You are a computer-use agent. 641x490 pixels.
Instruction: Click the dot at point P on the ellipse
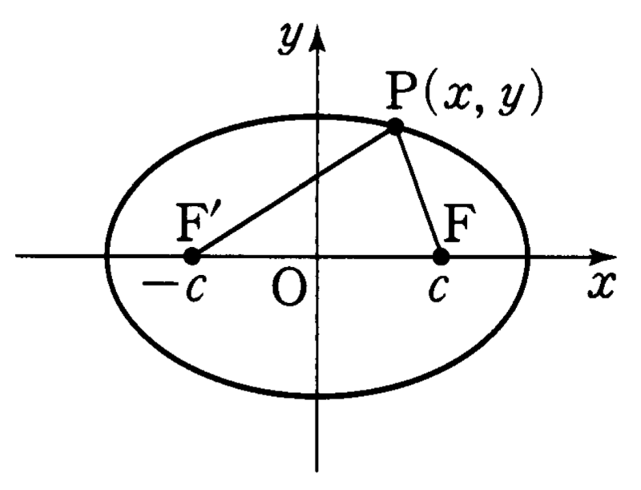pyautogui.click(x=395, y=127)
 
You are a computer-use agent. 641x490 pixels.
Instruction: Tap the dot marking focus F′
pyautogui.click(x=191, y=257)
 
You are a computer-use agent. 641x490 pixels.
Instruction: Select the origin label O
pyautogui.click(x=288, y=289)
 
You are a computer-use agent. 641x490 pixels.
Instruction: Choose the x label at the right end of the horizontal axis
pyautogui.click(x=601, y=284)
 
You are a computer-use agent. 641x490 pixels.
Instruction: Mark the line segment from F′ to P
pyautogui.click(x=293, y=192)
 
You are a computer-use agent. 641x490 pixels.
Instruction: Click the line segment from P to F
pyautogui.click(x=418, y=192)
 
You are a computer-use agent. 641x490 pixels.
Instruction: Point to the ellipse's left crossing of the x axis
pyautogui.click(x=107, y=257)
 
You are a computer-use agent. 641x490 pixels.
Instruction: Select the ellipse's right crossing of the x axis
pyautogui.click(x=529, y=257)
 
